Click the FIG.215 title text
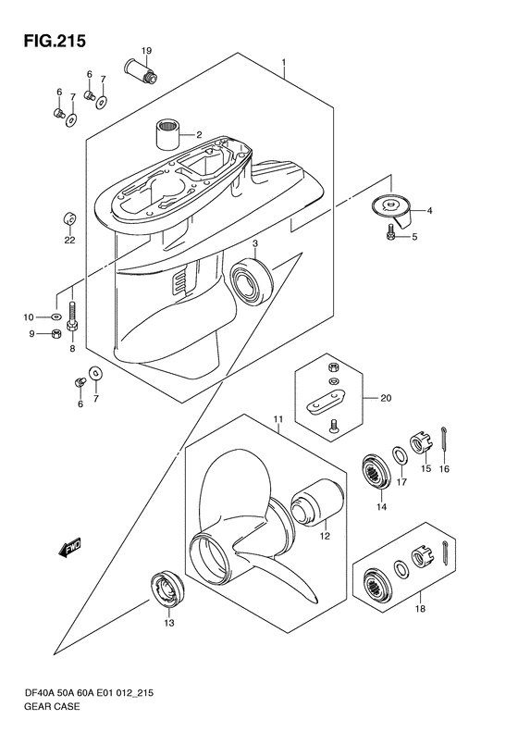[55, 41]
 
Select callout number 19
[146, 50]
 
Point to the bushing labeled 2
[167, 134]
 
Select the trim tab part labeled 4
[393, 210]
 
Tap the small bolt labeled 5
[390, 231]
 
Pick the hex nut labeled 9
[55, 334]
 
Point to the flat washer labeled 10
[56, 317]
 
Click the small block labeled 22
[69, 218]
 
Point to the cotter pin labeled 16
[444, 441]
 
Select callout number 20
[386, 398]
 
